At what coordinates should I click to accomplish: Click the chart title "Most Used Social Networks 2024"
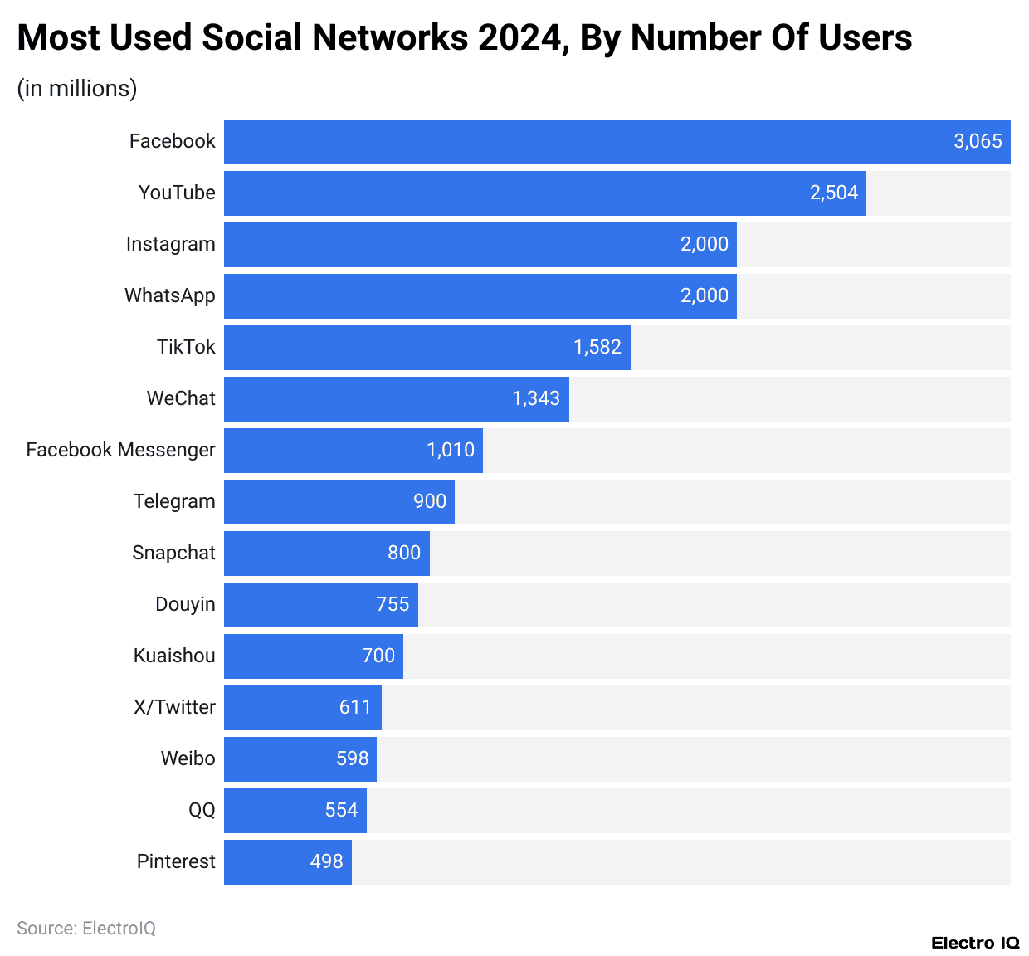coord(464,38)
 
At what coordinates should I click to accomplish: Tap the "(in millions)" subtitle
coord(77,88)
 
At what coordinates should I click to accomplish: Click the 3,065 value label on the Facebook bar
coord(978,141)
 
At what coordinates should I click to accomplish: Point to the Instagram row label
coord(170,244)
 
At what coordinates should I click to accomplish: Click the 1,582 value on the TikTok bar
coord(597,347)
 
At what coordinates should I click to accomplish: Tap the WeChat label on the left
coord(181,398)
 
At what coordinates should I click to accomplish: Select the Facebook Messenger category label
coord(120,450)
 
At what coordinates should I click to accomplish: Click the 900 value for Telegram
coord(430,501)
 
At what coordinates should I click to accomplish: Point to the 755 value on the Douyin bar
coord(393,604)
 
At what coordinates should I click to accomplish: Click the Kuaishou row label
coord(174,656)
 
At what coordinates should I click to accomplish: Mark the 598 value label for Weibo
coord(352,758)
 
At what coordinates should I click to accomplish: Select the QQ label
coord(202,810)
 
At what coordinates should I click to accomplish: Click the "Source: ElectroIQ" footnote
coord(86,928)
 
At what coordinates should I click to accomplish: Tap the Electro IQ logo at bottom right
coord(975,943)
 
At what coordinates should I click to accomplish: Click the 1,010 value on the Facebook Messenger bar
coord(451,450)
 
